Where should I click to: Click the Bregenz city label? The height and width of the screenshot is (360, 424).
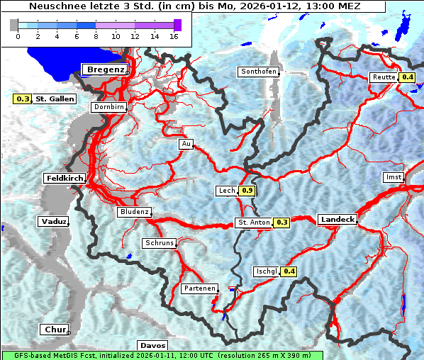click(106, 69)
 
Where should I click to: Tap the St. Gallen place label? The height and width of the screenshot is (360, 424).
click(55, 99)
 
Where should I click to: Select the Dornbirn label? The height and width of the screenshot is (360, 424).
click(108, 108)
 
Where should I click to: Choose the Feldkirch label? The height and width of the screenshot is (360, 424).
click(65, 178)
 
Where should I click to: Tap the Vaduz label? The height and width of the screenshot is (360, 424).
click(54, 222)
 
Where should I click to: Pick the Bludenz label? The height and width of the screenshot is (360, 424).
click(134, 212)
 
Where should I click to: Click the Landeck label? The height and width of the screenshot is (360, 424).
click(337, 220)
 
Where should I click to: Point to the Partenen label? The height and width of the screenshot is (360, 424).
click(199, 288)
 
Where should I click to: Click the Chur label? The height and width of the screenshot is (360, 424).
click(55, 330)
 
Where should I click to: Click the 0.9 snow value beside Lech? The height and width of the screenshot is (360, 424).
click(247, 191)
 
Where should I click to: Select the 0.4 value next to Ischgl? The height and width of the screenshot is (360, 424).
click(289, 271)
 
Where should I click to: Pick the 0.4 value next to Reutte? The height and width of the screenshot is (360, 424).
click(407, 77)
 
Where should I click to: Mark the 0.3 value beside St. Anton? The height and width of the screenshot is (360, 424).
click(282, 223)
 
